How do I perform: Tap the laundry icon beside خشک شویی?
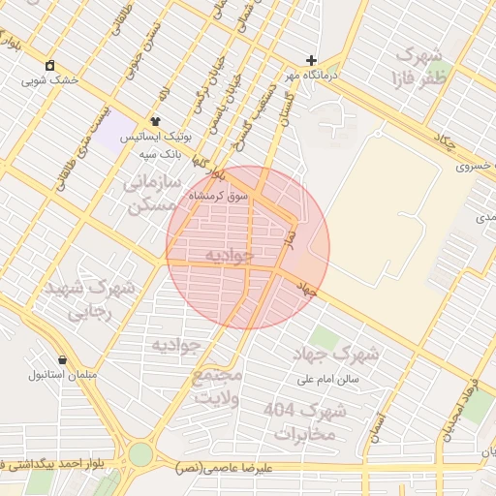pyautogui.click(x=49, y=65)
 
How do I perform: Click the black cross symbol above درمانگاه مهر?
pyautogui.click(x=311, y=60)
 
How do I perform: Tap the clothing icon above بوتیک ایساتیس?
pyautogui.click(x=155, y=122)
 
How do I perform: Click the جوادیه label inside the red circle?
pyautogui.click(x=230, y=255)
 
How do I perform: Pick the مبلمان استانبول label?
pyautogui.click(x=61, y=374)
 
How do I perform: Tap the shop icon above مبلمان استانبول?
pyautogui.click(x=62, y=359)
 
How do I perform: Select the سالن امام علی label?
pyautogui.click(x=328, y=379)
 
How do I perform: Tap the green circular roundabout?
pyautogui.click(x=142, y=453)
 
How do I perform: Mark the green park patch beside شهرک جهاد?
pyautogui.click(x=325, y=337)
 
